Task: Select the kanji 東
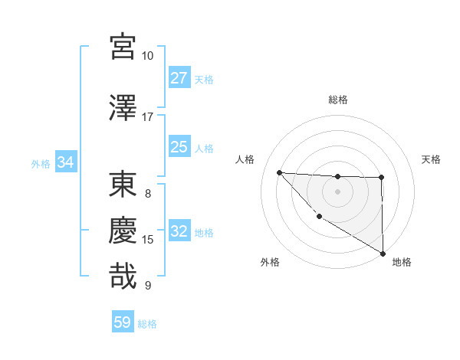coord(123,186)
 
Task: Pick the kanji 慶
coord(123,230)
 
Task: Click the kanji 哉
coord(123,276)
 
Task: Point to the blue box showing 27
coord(179,78)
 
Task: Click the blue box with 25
coord(179,147)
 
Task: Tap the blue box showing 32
coord(179,232)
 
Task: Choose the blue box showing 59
coord(123,322)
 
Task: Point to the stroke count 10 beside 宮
coord(147,56)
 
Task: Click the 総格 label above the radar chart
coord(337,100)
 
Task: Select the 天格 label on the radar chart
coord(432,159)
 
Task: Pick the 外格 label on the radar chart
coord(270,262)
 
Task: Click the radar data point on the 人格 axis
coord(279,172)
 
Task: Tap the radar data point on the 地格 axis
coord(383,254)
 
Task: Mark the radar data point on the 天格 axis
coord(382,178)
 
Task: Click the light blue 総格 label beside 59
coord(147,324)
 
